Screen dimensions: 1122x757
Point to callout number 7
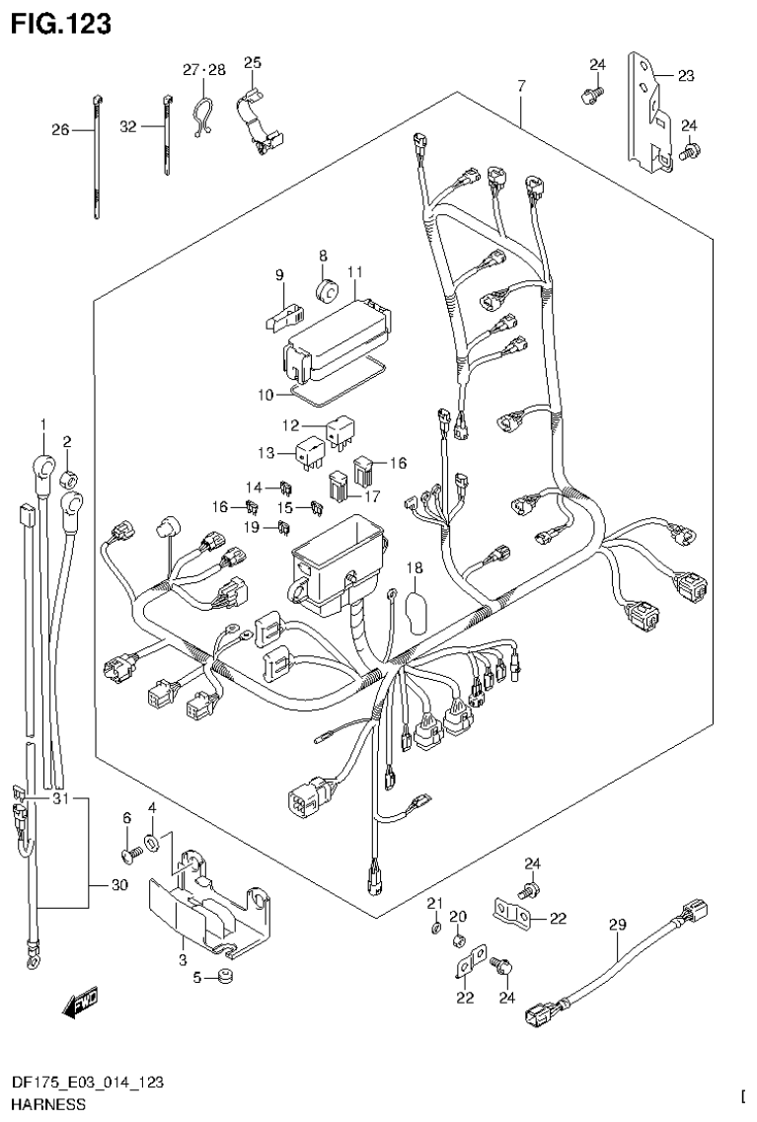coord(520,87)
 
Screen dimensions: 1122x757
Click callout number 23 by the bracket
coord(686,74)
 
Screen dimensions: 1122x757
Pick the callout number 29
coord(617,925)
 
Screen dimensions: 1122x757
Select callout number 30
coord(118,885)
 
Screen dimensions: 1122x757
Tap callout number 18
coord(414,567)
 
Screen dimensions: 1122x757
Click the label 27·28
coord(204,70)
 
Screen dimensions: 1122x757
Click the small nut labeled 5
coord(226,977)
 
